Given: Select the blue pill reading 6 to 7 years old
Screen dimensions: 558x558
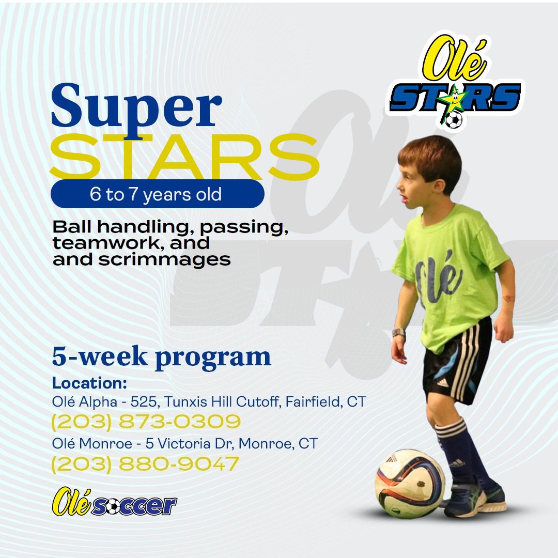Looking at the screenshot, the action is [157, 194].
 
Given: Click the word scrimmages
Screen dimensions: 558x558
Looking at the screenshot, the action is [164, 260].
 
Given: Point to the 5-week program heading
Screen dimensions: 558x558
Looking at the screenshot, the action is [162, 357].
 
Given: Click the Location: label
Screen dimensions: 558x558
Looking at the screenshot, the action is [90, 383].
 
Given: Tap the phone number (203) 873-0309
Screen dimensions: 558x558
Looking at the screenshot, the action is [146, 422].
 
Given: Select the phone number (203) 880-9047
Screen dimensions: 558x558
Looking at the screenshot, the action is [145, 463].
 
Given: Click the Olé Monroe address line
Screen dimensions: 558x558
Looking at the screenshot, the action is [184, 444].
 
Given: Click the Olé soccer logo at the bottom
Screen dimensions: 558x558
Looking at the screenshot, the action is [114, 502].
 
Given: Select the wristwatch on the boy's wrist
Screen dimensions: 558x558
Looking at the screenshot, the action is [398, 333].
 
